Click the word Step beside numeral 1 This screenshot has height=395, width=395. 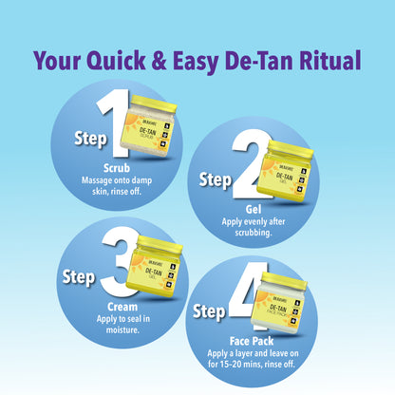pyautogui.click(x=91, y=139)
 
